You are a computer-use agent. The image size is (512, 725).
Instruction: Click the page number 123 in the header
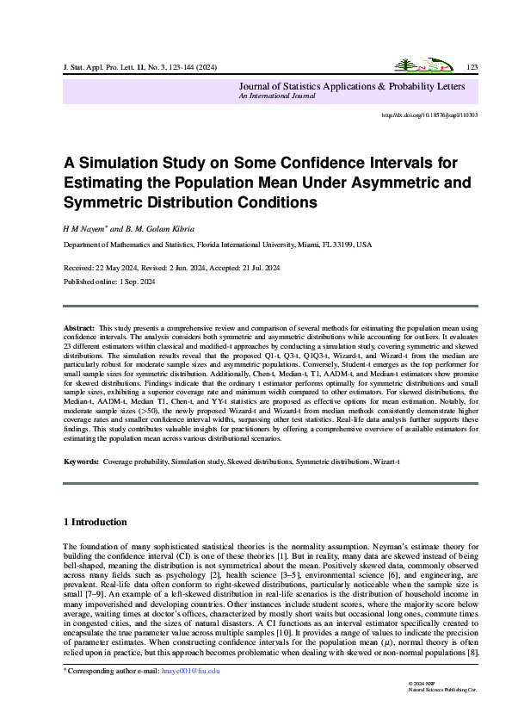pos(472,66)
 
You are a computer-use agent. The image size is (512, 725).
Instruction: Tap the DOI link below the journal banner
pos(429,115)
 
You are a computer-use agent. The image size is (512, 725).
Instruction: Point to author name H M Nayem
pos(82,228)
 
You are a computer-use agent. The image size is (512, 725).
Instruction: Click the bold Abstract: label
pos(80,329)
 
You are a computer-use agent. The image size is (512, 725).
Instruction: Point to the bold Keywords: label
pos(83,462)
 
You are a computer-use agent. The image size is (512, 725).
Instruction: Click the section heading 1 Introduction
pos(96,522)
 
